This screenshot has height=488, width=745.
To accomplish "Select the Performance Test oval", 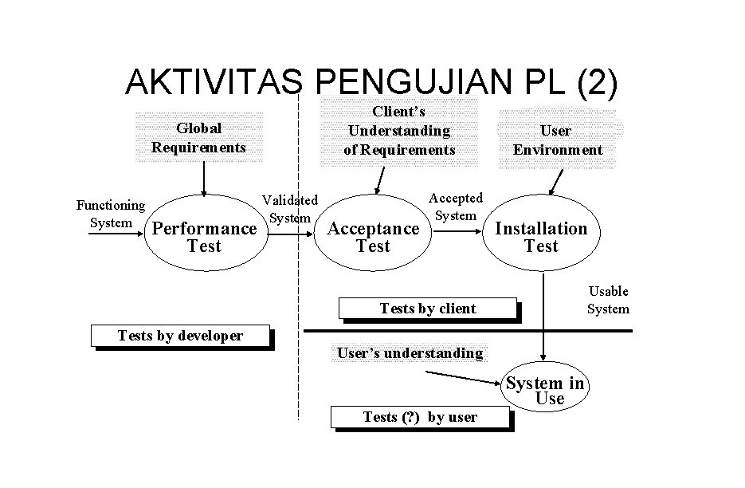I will (204, 237).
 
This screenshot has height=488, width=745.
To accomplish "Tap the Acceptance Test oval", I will (373, 237).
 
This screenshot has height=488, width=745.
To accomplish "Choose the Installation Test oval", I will (541, 237).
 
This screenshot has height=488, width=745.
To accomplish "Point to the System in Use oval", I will (546, 391).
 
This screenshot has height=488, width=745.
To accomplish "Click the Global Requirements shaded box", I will (198, 137).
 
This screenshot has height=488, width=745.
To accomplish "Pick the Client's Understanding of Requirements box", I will (398, 132).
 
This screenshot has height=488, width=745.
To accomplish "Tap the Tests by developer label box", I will (180, 336).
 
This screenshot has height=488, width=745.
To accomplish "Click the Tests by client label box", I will (428, 309).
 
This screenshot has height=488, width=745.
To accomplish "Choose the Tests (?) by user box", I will (420, 417).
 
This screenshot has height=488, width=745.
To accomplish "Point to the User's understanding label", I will (410, 353).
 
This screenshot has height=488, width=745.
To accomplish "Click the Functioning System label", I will (111, 214).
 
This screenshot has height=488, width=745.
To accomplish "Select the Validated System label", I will (290, 208).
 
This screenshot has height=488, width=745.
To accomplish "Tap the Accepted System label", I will (456, 207).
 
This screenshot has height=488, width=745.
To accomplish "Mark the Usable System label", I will (608, 300).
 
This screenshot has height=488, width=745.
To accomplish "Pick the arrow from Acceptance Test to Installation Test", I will (457, 232).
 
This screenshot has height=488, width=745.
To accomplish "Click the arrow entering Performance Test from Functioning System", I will (116, 235).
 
